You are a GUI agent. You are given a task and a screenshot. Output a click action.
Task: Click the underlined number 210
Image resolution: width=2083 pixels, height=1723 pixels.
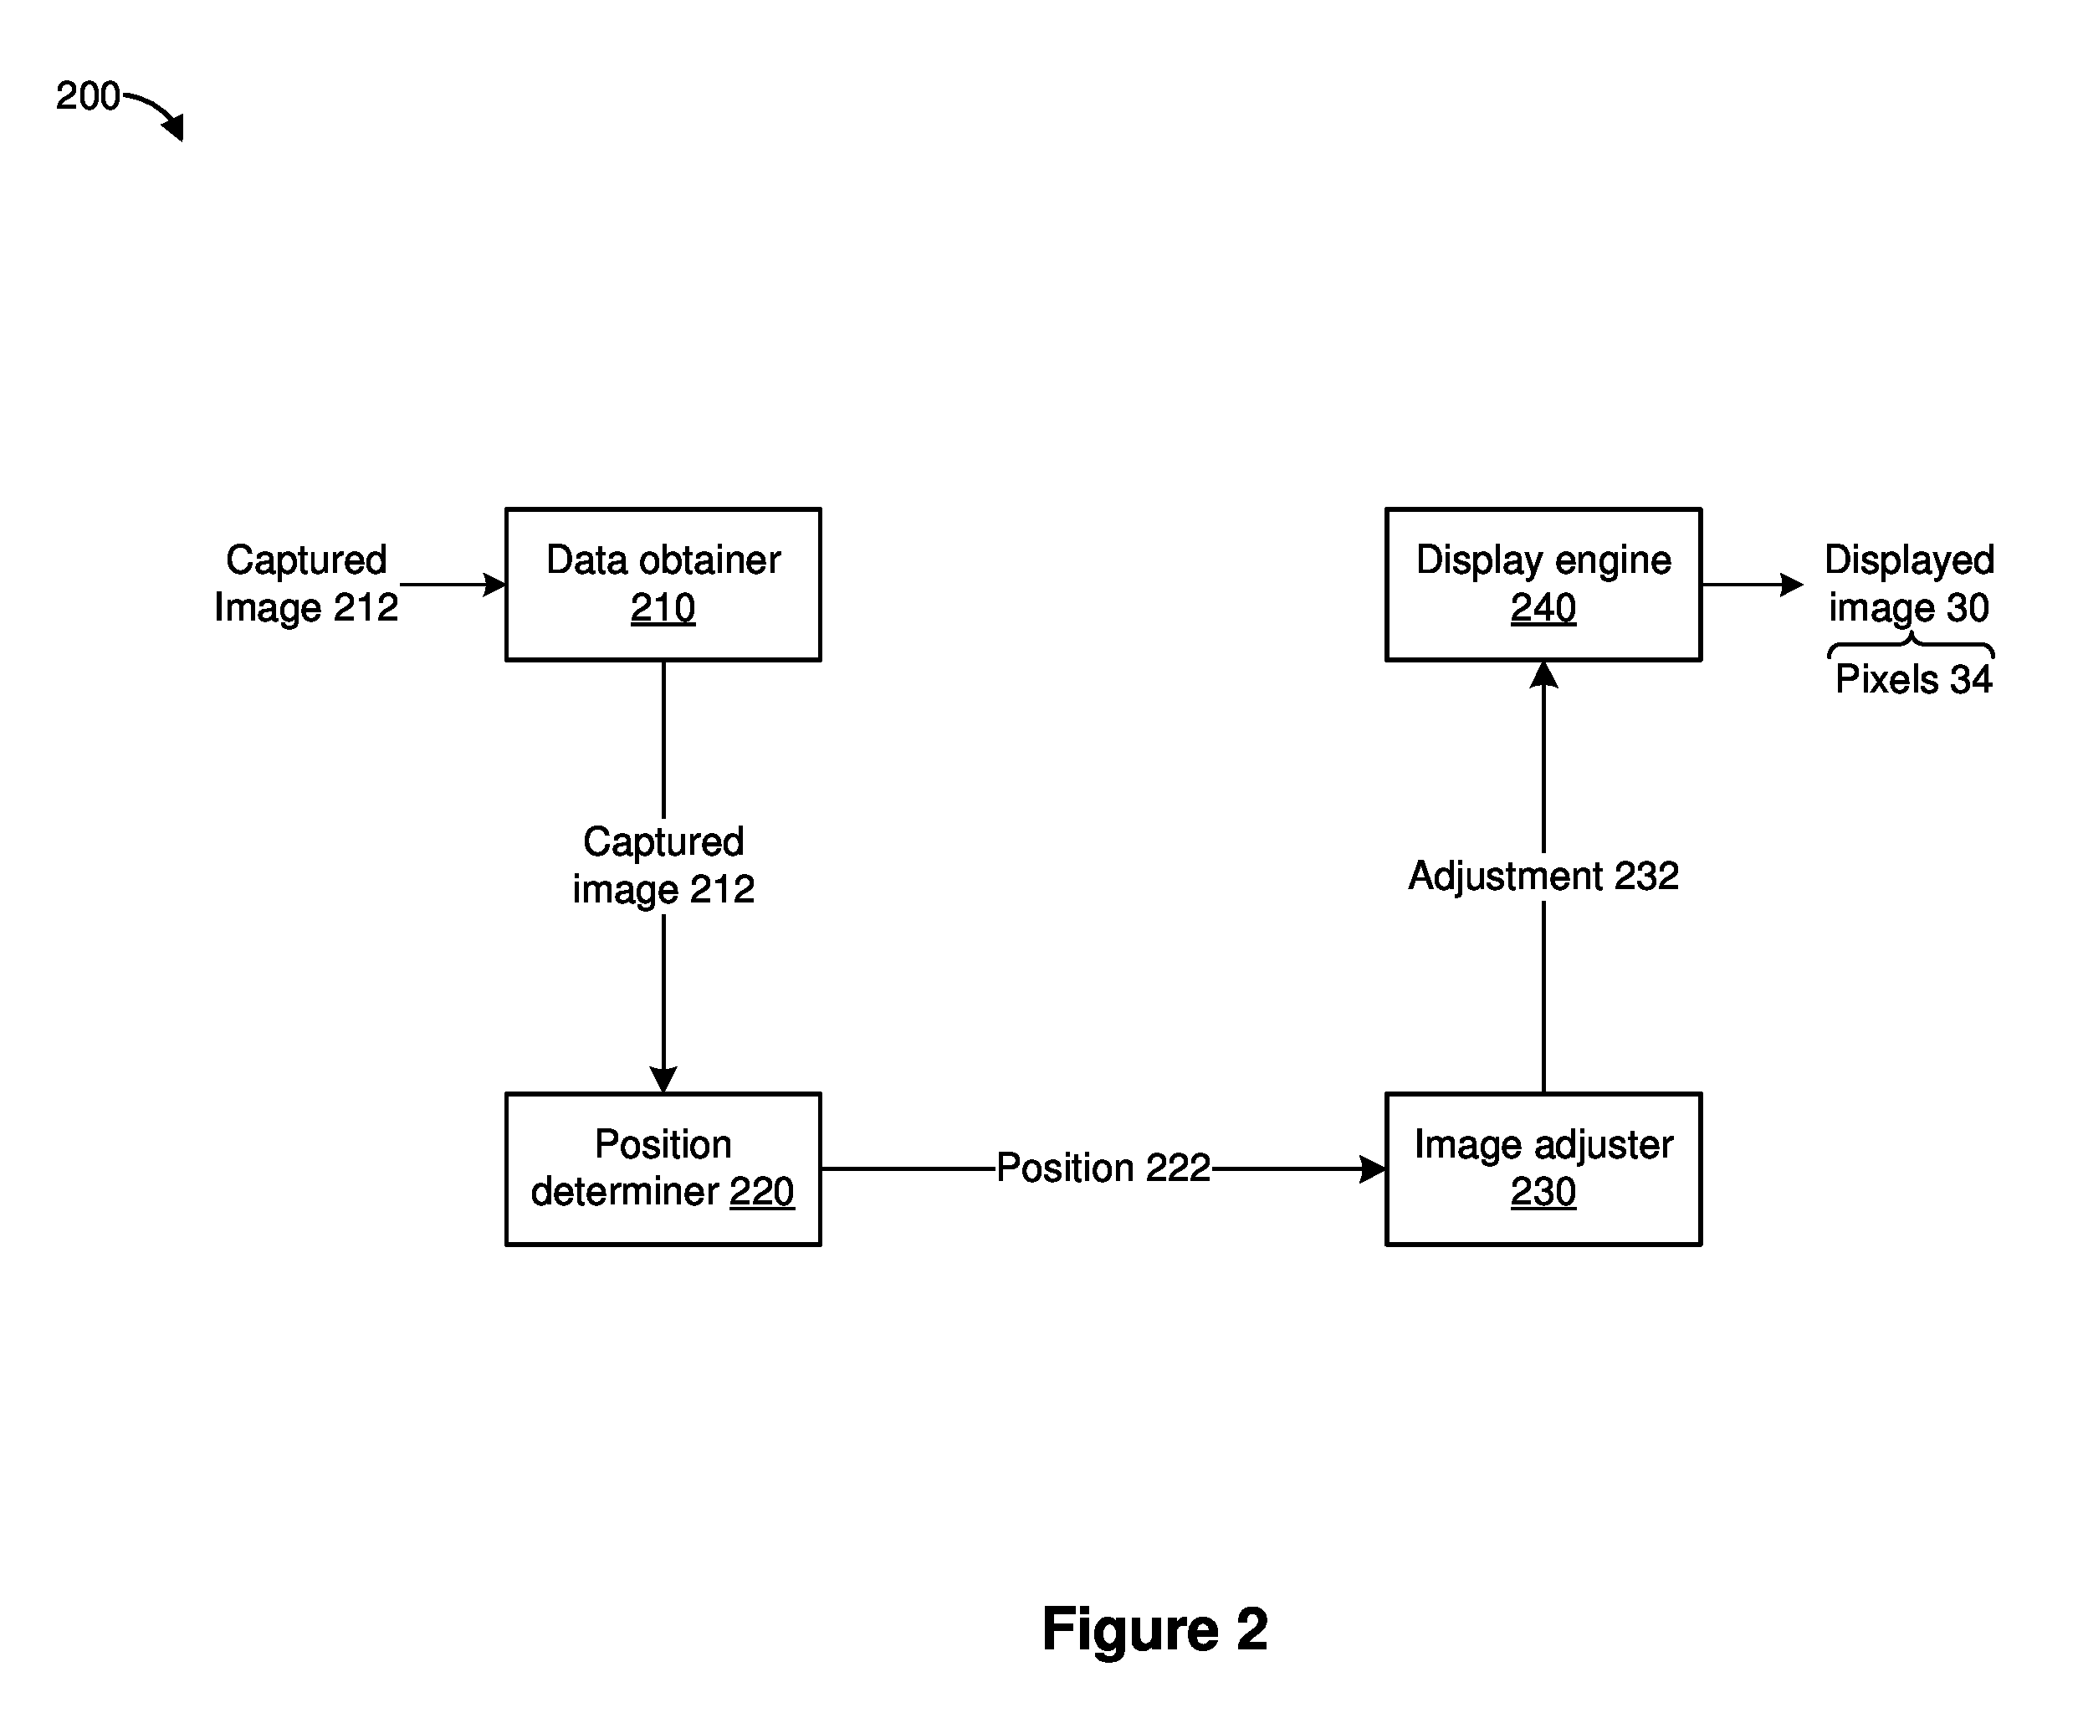(663, 608)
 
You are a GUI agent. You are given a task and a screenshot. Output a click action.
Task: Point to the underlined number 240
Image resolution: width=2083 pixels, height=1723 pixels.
(1543, 608)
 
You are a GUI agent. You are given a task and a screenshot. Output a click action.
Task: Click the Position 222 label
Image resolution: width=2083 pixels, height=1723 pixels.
(1103, 1168)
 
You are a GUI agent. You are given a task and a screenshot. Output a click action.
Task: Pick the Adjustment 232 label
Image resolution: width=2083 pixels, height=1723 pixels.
(1543, 876)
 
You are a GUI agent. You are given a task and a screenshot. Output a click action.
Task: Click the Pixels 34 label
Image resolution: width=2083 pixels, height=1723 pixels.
(1913, 679)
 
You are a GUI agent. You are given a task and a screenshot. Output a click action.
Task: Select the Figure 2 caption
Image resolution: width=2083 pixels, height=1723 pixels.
(1154, 1463)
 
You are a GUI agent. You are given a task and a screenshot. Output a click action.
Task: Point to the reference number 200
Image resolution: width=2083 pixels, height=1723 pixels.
(87, 96)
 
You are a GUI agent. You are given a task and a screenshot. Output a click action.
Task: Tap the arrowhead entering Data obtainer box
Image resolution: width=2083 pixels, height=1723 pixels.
(494, 585)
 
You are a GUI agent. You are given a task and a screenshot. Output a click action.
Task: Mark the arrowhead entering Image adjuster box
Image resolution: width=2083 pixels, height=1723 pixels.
(1373, 1168)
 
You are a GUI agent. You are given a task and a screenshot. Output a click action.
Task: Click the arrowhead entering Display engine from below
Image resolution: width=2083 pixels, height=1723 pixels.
(1543, 674)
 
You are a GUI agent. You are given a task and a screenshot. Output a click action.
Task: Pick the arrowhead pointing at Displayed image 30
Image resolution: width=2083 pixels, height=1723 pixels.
(1791, 585)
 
